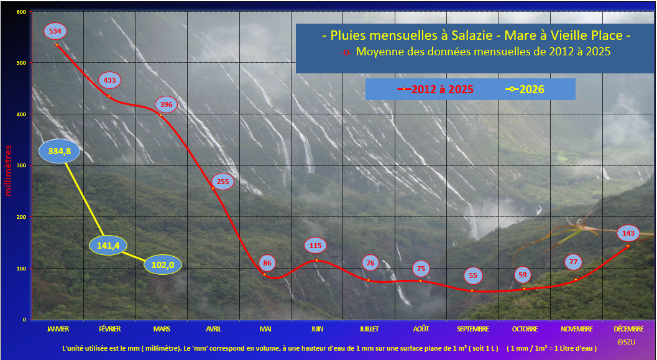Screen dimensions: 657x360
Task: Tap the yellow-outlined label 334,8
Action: coord(59,151)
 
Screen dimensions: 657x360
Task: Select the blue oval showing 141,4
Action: coord(108,246)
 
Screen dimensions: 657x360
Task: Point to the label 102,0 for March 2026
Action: coord(163,265)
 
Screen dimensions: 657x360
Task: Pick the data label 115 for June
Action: coord(316,246)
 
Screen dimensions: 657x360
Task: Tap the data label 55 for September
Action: coord(473,275)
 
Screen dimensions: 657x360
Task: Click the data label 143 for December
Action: coord(628,233)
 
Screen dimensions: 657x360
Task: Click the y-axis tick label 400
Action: coord(21,114)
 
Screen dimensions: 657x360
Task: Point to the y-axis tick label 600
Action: coord(21,12)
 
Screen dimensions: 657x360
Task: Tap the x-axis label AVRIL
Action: coord(213,329)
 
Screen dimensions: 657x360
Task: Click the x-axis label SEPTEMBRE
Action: coord(472,329)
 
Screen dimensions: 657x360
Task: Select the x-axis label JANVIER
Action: coord(58,329)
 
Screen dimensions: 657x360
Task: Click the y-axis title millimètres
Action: coord(8,170)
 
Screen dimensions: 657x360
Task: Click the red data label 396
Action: coord(167,104)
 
